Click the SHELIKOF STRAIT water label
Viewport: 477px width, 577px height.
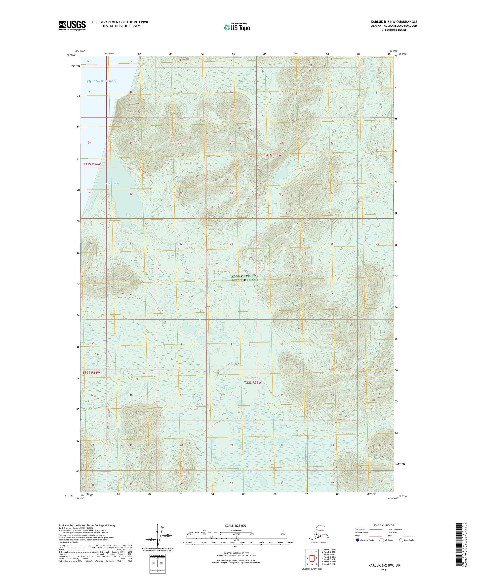click(102, 81)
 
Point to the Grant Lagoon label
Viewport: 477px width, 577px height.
click(112, 183)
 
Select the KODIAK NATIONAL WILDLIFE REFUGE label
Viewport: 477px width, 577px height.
click(245, 278)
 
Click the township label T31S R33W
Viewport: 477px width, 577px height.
click(273, 155)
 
